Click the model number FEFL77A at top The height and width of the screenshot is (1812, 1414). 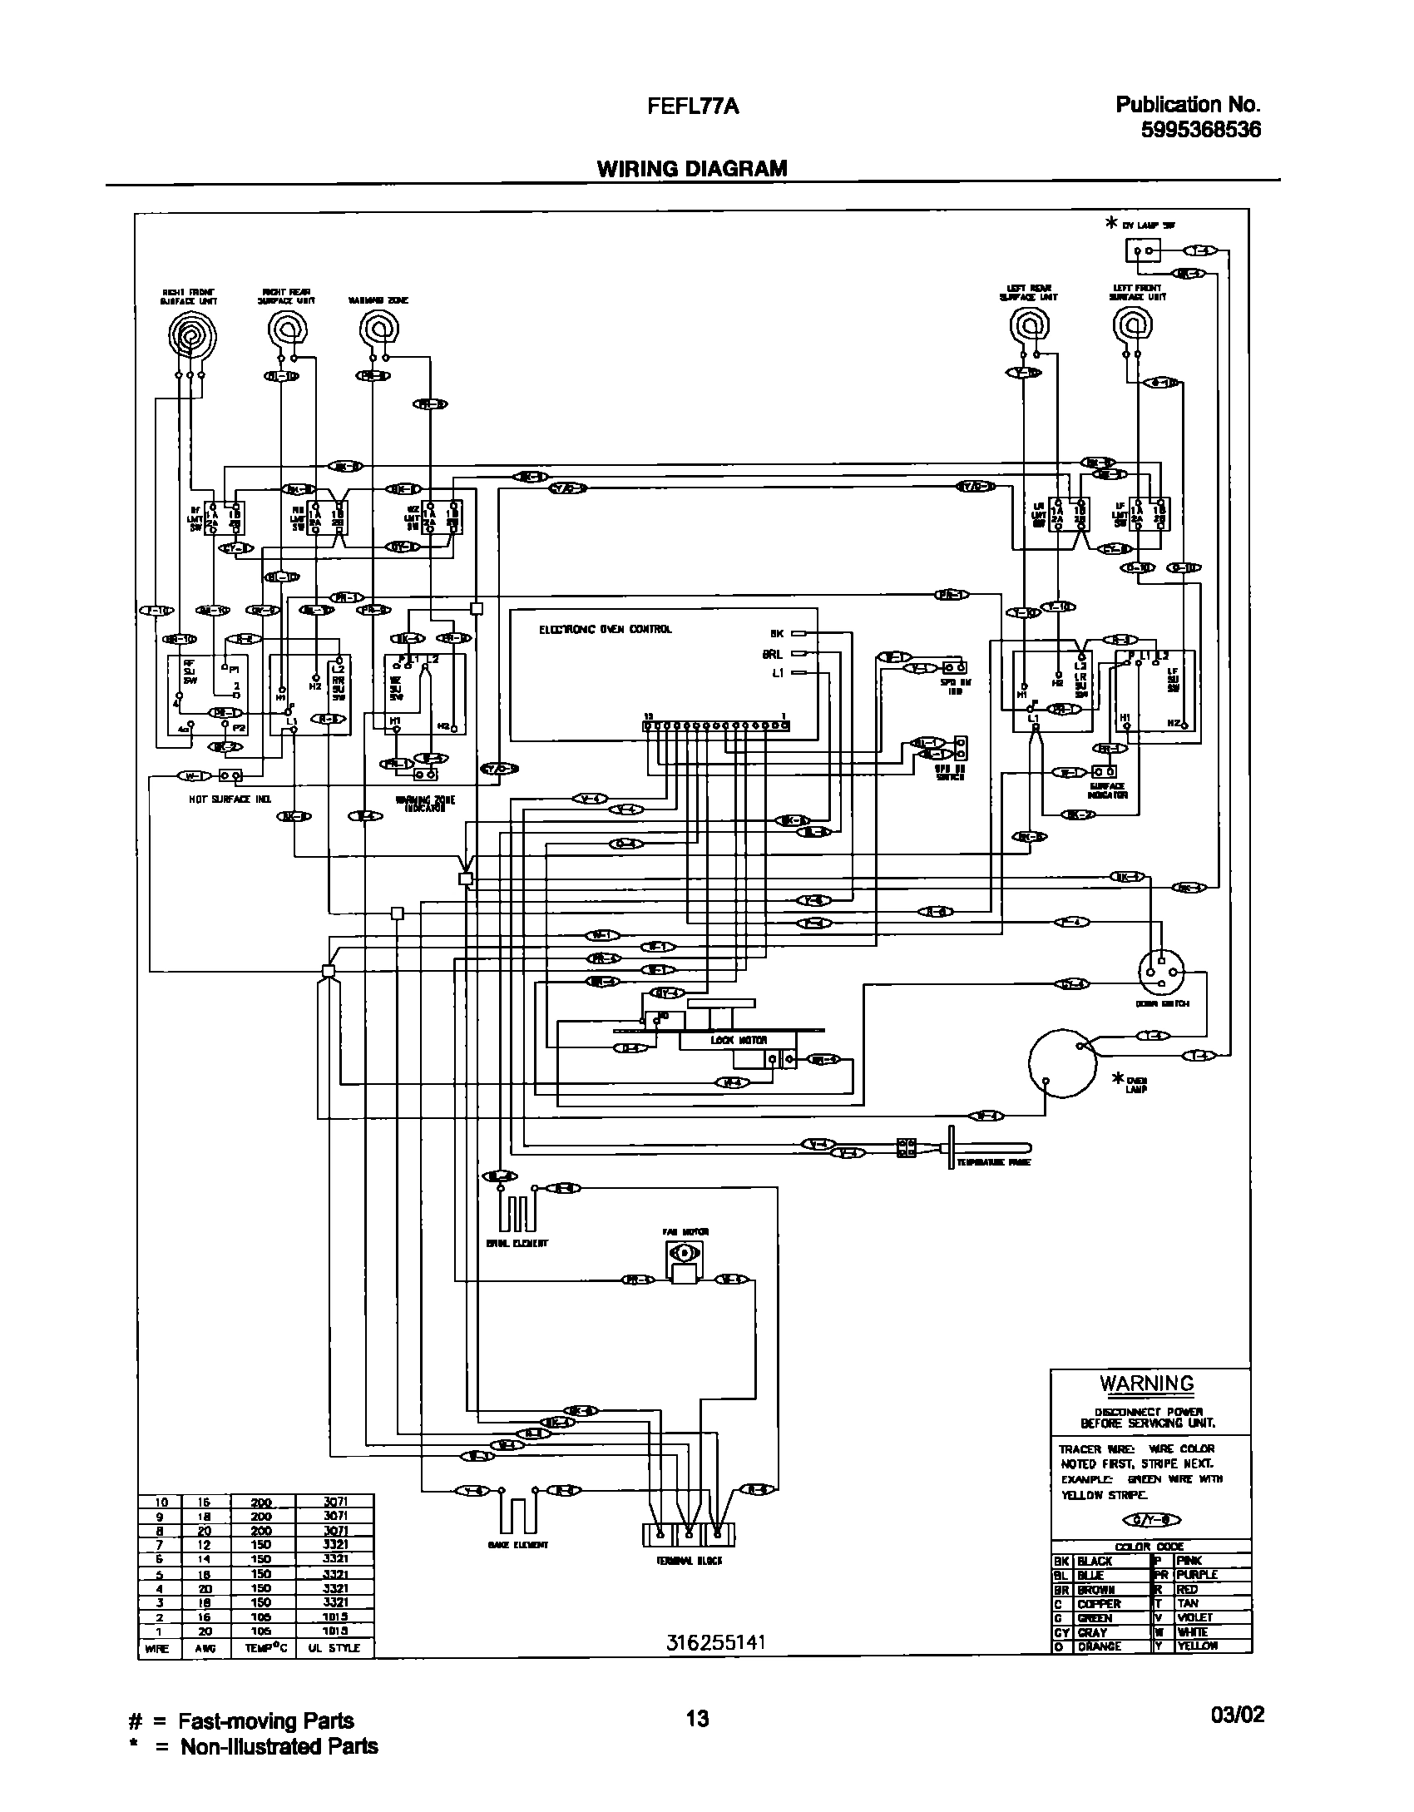point(693,106)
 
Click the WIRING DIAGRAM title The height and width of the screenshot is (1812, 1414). point(691,169)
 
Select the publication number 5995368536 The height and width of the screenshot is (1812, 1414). point(1200,130)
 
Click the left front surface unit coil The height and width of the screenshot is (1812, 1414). point(1132,327)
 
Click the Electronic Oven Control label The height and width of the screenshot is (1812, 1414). point(605,630)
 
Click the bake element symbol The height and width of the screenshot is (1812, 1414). point(517,1514)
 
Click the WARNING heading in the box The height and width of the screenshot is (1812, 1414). point(1147,1384)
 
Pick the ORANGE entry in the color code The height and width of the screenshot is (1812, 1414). point(1099,1646)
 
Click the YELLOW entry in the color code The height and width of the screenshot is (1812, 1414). point(1197,1646)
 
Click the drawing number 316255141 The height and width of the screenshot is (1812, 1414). point(714,1643)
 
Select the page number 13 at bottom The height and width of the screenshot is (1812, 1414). point(697,1718)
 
